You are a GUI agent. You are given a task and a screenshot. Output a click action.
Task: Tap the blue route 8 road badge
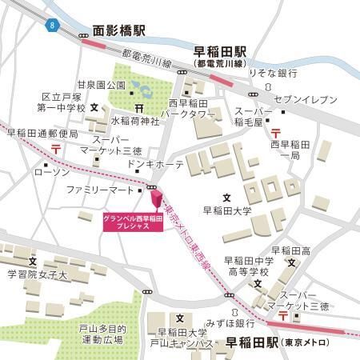click(53, 26)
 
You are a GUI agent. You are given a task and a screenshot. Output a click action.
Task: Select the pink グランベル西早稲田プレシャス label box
click(133, 222)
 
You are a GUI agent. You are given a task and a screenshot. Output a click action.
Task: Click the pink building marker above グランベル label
click(156, 198)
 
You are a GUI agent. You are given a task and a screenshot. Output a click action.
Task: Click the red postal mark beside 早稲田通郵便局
click(57, 148)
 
